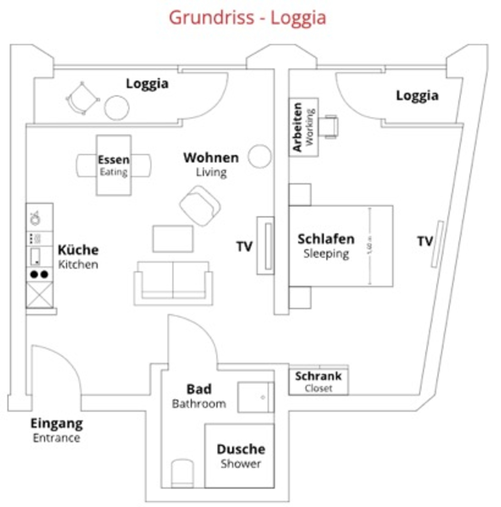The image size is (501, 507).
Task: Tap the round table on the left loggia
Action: coord(117,108)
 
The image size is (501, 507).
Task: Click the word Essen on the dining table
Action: coord(114,159)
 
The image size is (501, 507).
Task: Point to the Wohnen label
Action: coord(211,158)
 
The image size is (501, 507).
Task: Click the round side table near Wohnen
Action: coord(259,156)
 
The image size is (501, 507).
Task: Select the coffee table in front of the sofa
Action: coord(173,239)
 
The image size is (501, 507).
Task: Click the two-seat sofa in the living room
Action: coord(173,283)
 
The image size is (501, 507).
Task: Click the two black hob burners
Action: coord(39,274)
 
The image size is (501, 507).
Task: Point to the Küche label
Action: coord(78,250)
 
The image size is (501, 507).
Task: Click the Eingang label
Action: coord(57,424)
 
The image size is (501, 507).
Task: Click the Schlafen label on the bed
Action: coord(326,239)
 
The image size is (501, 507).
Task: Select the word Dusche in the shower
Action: coord(241,449)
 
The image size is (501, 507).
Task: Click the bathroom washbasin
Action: coord(255,397)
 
